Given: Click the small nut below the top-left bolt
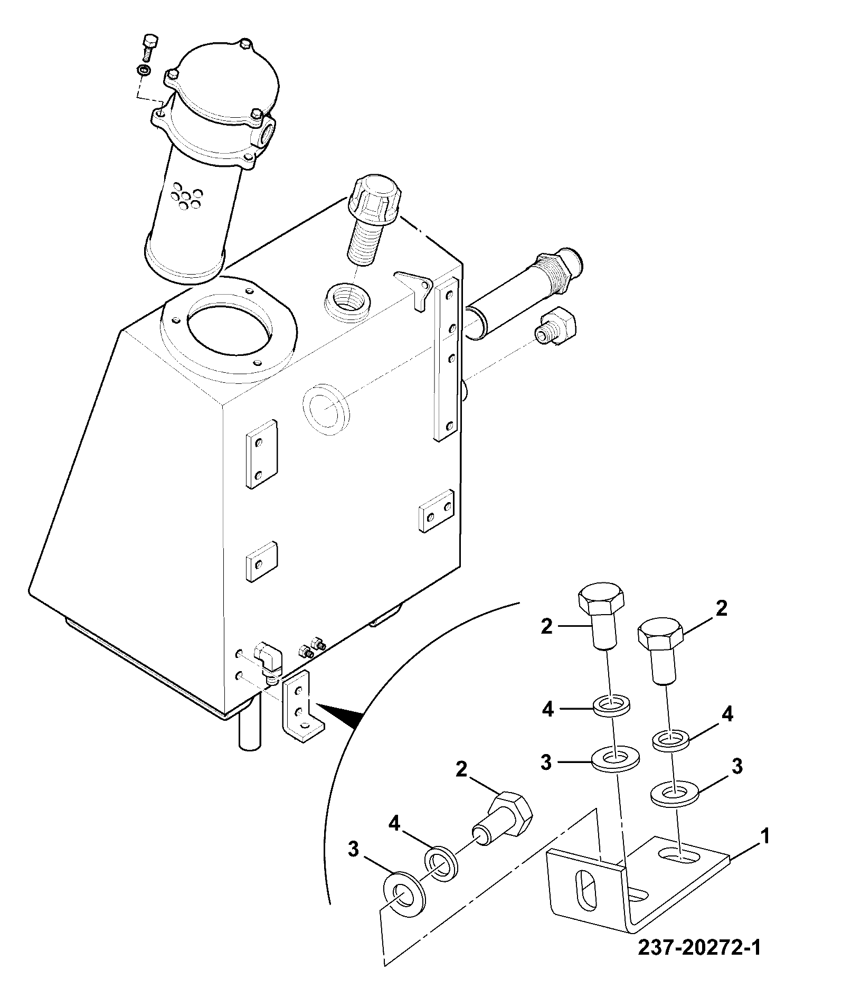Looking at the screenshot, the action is point(143,70).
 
